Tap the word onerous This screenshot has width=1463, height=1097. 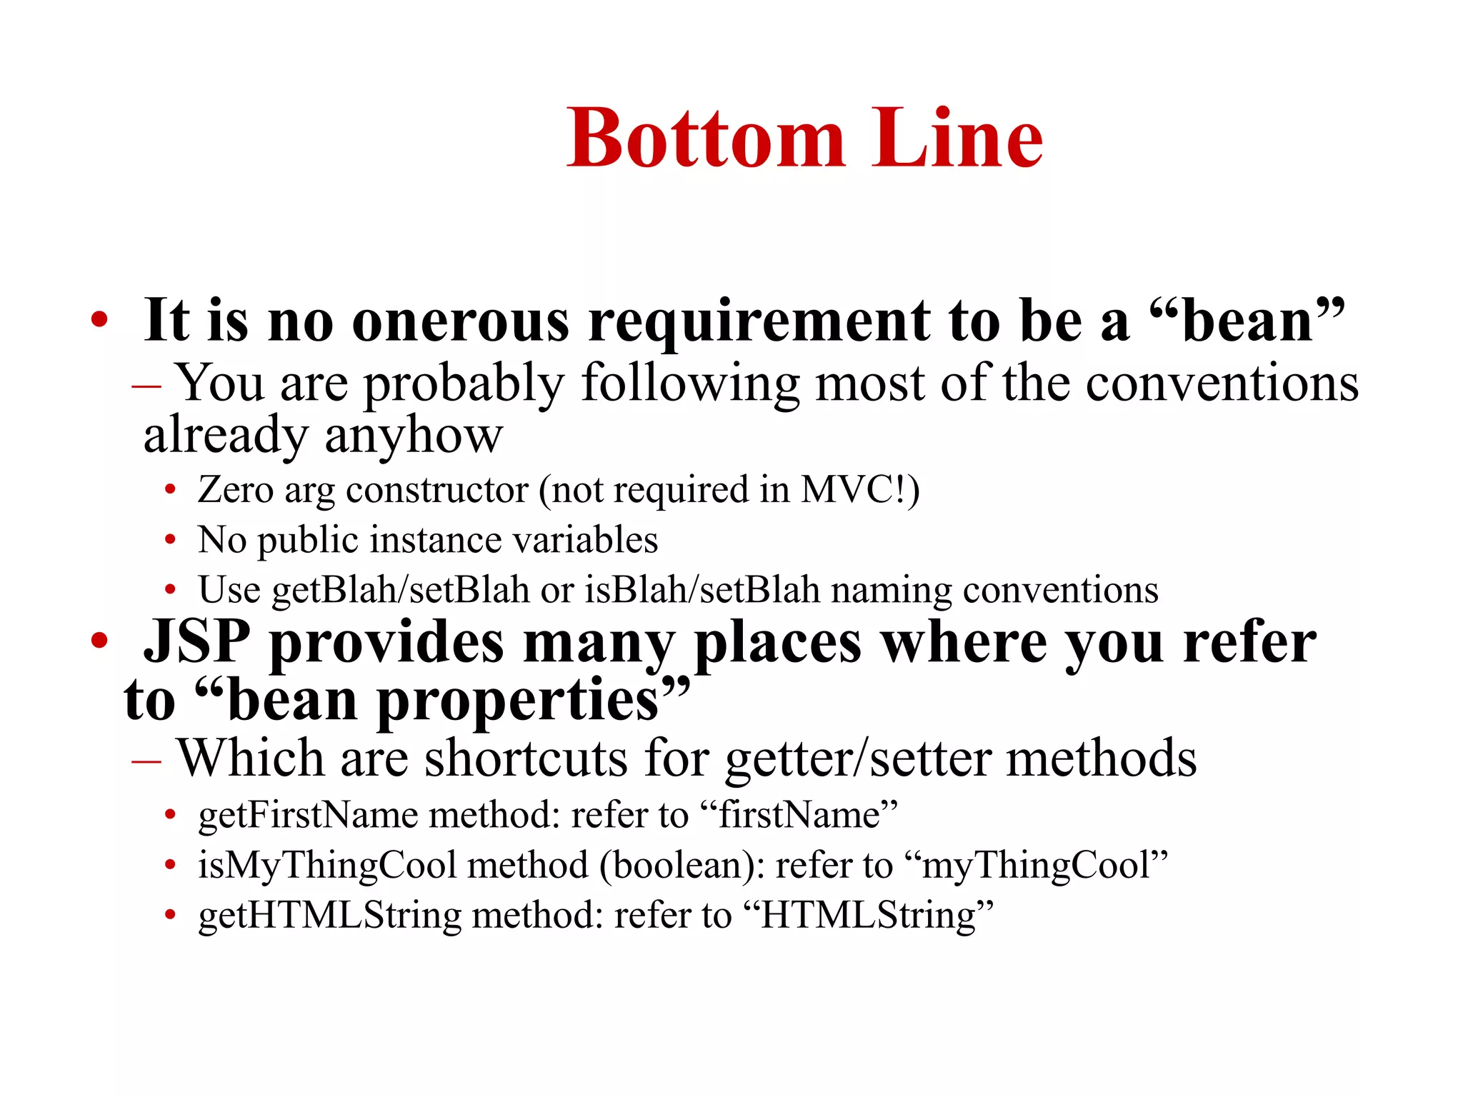pyautogui.click(x=461, y=321)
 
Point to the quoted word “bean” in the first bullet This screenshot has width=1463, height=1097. pyautogui.click(x=1247, y=321)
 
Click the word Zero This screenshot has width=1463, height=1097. pyautogui.click(x=236, y=491)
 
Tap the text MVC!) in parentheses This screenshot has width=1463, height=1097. pyautogui.click(x=860, y=491)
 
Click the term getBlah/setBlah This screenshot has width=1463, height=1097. pyautogui.click(x=401, y=591)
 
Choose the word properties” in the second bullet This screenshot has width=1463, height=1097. pyautogui.click(x=533, y=702)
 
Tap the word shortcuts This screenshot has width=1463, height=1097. pyautogui.click(x=526, y=758)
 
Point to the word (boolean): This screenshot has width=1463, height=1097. pyautogui.click(x=682, y=866)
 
